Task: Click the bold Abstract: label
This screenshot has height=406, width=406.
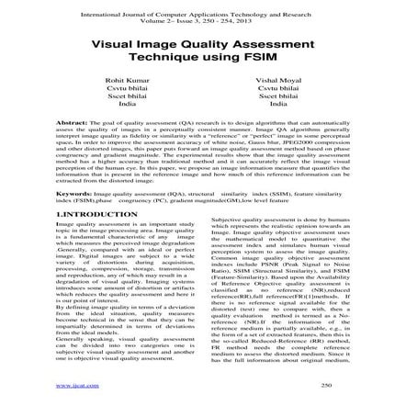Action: coord(70,122)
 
